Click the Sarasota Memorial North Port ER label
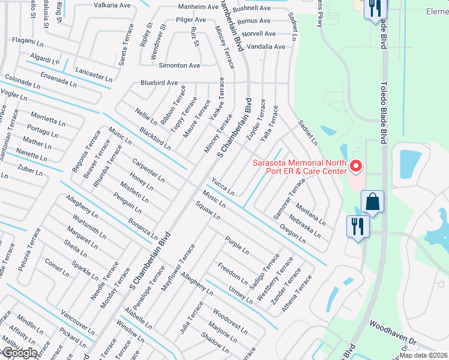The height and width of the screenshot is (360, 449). coord(300,167)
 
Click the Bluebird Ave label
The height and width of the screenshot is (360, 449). coord(159,83)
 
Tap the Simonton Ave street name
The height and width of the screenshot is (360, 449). coord(179,65)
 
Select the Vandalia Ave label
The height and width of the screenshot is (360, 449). coord(262,46)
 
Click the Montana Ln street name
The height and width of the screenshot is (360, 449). coord(312,214)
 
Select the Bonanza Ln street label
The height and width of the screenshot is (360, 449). coord(143,230)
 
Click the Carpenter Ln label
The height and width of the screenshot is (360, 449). coord(149,170)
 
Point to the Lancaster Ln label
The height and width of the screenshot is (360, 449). coord(94,74)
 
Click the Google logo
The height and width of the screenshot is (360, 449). coord(19,352)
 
